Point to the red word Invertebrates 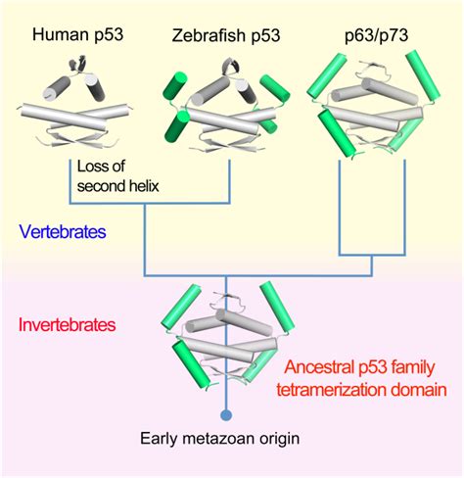(x=66, y=322)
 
